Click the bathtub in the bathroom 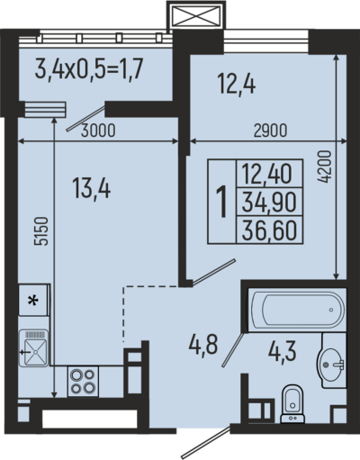click(297, 310)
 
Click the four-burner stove click(83, 381)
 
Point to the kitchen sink click(33, 348)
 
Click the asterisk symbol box click(33, 300)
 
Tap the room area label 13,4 click(92, 188)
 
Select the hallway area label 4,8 click(203, 346)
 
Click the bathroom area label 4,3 click(283, 351)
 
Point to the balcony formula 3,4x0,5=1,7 click(88, 69)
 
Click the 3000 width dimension click(98, 131)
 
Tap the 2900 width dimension click(270, 131)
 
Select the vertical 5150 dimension click(41, 231)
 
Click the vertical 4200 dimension click(324, 167)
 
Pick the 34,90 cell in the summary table click(269, 202)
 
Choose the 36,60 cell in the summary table click(269, 230)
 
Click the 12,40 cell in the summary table click(269, 174)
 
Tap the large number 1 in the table click(222, 201)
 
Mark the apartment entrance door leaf click(206, 441)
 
